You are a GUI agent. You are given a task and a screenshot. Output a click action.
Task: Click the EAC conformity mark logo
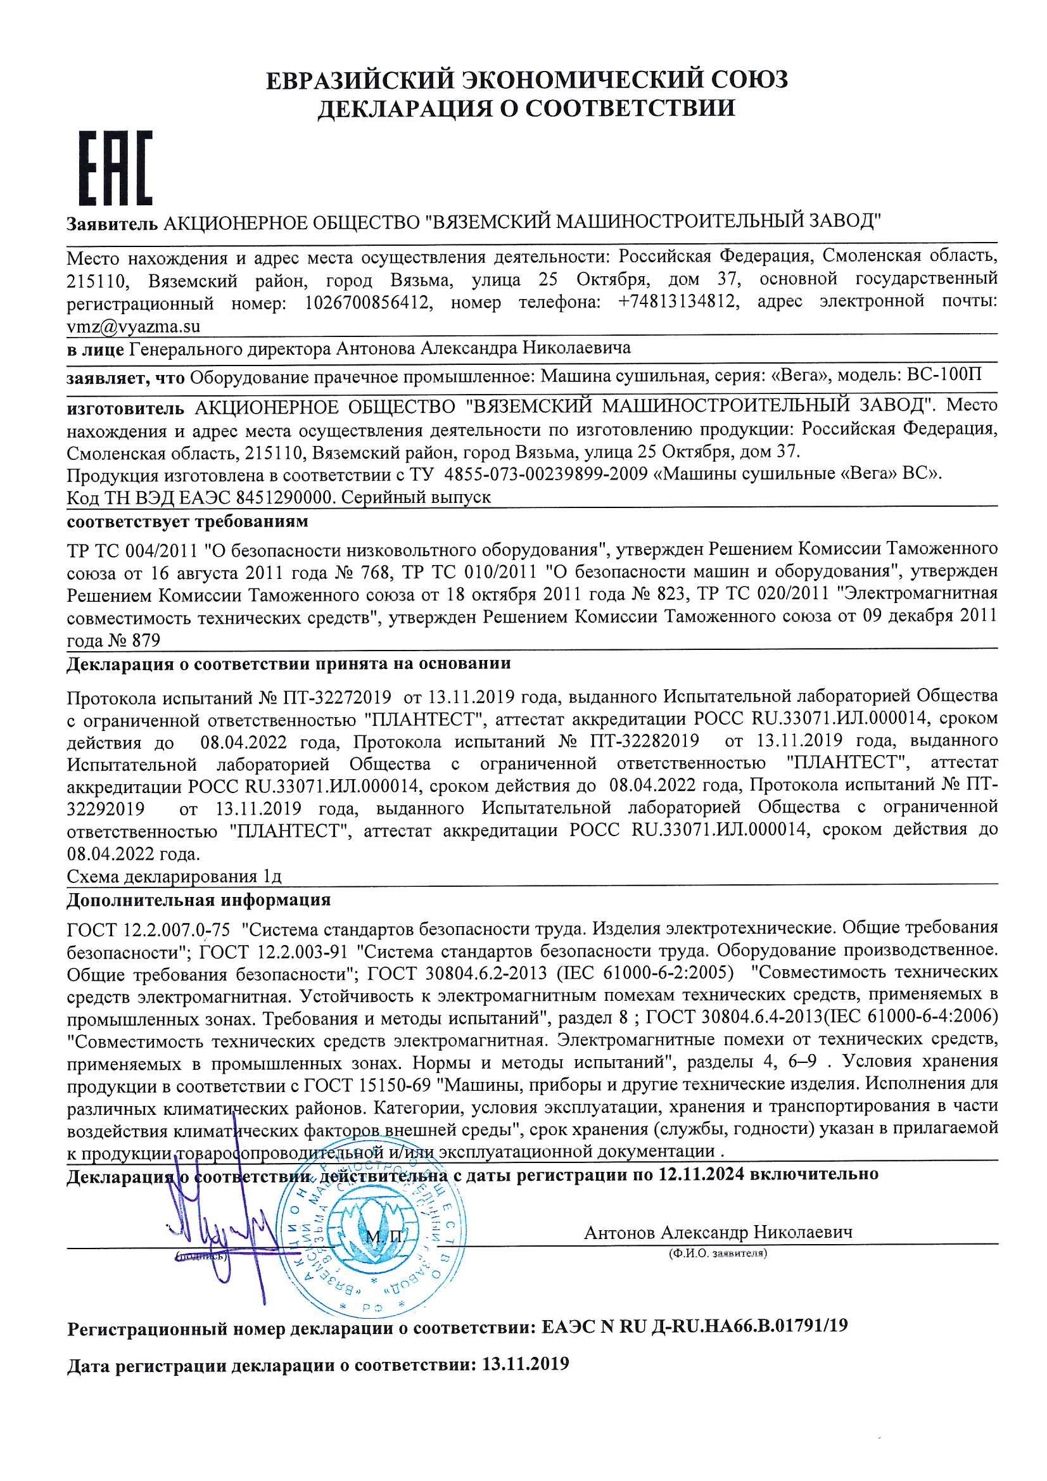pyautogui.click(x=115, y=168)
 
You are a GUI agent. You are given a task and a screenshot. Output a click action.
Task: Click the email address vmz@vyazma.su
pyautogui.click(x=134, y=326)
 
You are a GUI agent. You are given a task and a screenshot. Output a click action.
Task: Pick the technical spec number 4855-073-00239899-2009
pyautogui.click(x=547, y=474)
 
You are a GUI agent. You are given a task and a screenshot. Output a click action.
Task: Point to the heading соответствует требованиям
pyautogui.click(x=187, y=521)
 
